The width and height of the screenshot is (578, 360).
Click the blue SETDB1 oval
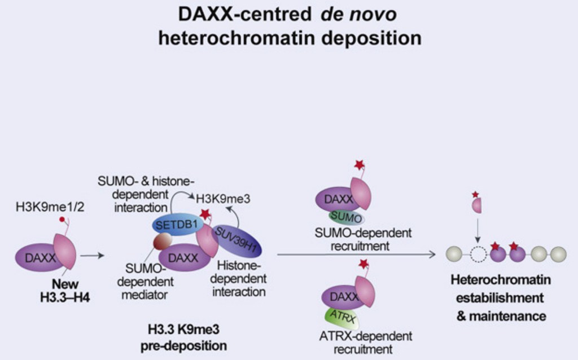pyautogui.click(x=173, y=225)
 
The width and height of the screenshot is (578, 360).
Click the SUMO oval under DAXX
pyautogui.click(x=344, y=217)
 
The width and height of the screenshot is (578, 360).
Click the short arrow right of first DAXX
pyautogui.click(x=93, y=256)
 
